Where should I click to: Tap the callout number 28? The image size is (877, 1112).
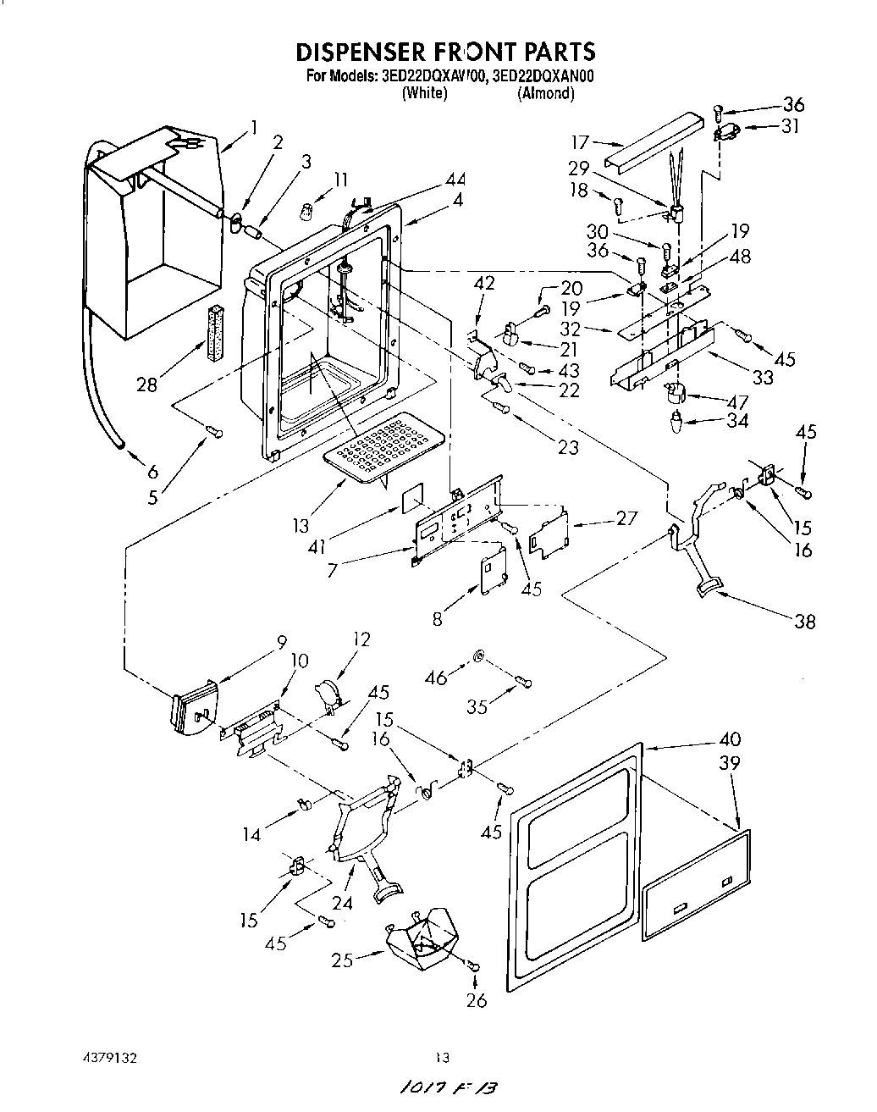[147, 384]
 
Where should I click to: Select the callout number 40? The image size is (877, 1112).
[729, 739]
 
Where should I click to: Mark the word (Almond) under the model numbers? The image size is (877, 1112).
[545, 94]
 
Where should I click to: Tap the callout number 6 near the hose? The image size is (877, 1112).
[152, 472]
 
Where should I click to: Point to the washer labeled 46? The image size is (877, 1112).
[478, 656]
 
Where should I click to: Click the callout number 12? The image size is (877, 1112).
[361, 639]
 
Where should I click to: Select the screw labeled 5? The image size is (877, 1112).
[215, 434]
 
